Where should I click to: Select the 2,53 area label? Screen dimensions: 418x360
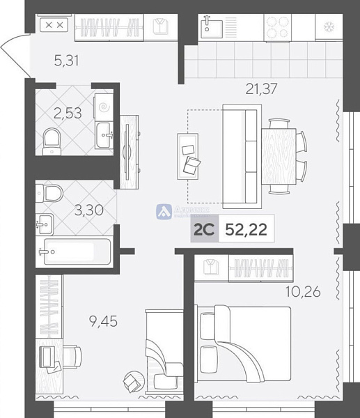coord(68,114)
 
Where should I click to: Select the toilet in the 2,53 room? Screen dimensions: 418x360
coord(52,141)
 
